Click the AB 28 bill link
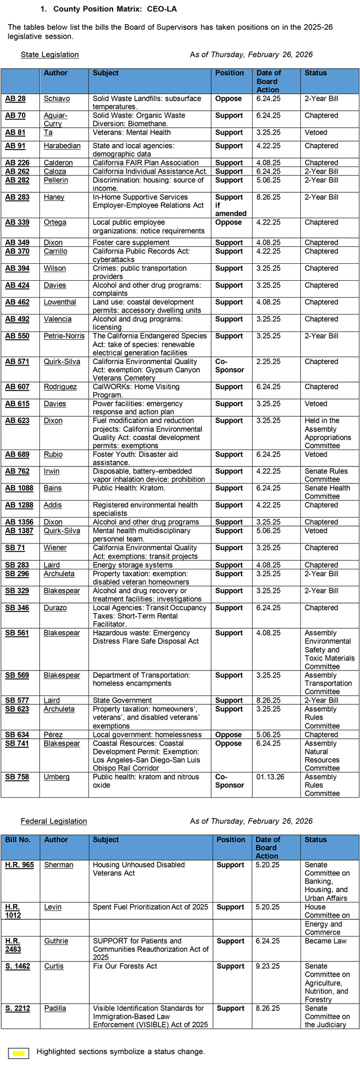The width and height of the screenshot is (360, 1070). pyautogui.click(x=15, y=98)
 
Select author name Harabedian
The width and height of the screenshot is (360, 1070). pyautogui.click(x=62, y=146)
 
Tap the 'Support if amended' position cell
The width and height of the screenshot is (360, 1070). pyautogui.click(x=231, y=205)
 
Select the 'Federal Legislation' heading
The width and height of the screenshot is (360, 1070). pyautogui.click(x=54, y=821)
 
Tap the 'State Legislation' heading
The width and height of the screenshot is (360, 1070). pyautogui.click(x=49, y=55)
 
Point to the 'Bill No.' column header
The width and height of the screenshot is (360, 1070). pyautogui.click(x=18, y=839)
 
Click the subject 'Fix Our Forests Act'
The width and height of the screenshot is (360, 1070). pyautogui.click(x=125, y=966)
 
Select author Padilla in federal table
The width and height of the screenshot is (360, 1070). pyautogui.click(x=55, y=1008)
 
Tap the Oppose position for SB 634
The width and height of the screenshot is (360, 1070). pyautogui.click(x=228, y=735)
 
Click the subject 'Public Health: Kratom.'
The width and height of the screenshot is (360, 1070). pyautogui.click(x=122, y=488)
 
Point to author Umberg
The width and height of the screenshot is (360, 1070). pyautogui.click(x=57, y=777)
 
